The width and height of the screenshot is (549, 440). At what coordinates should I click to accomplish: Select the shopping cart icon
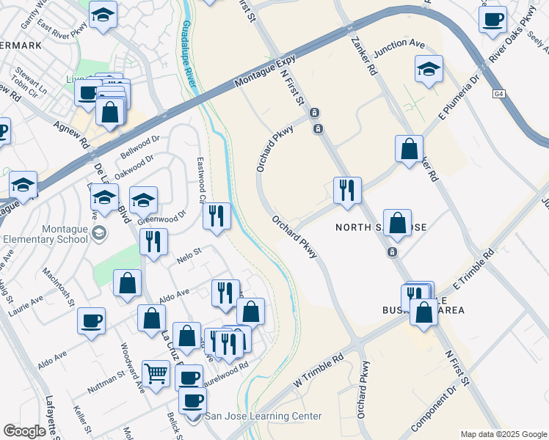[x=156, y=375]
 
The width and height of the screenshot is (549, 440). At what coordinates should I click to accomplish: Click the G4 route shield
[x=499, y=94]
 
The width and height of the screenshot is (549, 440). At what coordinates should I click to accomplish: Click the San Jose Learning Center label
[x=263, y=417]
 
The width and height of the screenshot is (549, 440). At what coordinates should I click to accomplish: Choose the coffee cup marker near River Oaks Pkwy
[x=492, y=20]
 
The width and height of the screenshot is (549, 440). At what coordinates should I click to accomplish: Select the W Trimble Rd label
[x=318, y=373]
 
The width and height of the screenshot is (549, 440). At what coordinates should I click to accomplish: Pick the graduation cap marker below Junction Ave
[x=429, y=70]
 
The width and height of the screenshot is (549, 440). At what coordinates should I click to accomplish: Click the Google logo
[x=24, y=430]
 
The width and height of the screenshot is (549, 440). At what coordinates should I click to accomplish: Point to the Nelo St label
[x=189, y=257]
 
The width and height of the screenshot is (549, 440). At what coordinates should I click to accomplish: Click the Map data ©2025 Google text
[x=503, y=434]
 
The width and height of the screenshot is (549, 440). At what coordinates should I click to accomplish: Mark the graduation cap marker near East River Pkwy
[x=103, y=15]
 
